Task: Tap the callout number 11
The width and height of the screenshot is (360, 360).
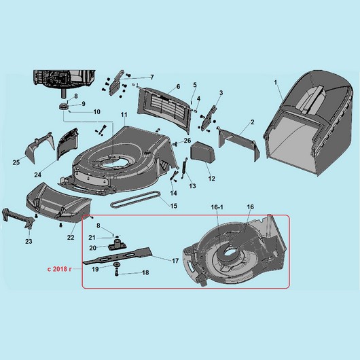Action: point(124,115)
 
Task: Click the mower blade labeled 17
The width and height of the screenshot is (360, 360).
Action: point(118,255)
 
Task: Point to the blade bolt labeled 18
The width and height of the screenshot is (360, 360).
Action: point(116,273)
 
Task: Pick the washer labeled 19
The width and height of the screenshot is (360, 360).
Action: point(117,265)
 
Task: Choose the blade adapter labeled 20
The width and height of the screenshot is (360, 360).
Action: point(118,245)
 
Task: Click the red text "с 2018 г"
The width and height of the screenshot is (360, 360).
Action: point(59,269)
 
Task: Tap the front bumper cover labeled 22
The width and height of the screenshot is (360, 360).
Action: point(59,202)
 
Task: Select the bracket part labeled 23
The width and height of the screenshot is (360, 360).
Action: point(18,217)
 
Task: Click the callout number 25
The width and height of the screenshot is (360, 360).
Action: point(16,162)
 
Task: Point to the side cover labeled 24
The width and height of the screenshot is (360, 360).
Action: point(67,143)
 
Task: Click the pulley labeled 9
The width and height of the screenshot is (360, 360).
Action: point(64,107)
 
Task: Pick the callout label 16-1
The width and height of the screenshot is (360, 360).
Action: point(217,207)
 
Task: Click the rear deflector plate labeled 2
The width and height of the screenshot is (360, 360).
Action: point(239,143)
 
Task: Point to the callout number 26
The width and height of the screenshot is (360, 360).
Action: point(187,141)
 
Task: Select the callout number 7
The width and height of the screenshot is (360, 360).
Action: point(152,77)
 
